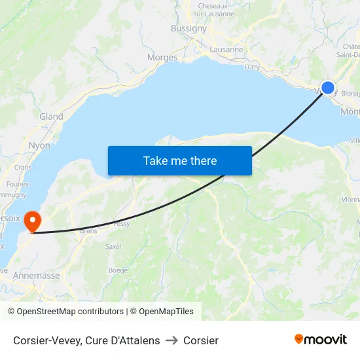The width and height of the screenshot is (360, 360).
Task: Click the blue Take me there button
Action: [180, 160]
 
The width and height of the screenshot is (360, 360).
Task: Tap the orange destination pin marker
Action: [31, 221]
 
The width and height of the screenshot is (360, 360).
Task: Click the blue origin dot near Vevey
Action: [328, 88]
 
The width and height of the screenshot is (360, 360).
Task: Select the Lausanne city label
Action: [226, 49]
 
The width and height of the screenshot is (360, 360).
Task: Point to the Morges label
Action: [162, 58]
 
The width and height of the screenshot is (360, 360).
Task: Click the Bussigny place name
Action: [189, 29]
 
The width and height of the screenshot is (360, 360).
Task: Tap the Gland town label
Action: [51, 117]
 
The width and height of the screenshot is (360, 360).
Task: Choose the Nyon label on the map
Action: [39, 145]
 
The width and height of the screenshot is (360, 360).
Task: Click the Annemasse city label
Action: [36, 276]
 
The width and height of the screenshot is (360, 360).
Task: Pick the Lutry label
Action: [251, 67]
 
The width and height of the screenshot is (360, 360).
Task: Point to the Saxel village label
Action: [113, 247]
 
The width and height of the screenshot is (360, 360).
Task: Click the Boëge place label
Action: [118, 270]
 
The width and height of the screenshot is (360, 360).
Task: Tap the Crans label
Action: [23, 168]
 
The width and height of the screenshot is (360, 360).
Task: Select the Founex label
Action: [18, 185]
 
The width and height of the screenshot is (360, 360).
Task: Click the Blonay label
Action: [350, 93]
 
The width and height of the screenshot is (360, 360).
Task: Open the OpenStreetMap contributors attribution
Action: [66, 312]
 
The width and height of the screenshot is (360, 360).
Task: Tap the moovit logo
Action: [321, 339]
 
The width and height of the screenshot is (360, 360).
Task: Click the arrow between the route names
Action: [171, 340]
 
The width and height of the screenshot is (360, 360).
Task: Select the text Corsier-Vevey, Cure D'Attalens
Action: [86, 340]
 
